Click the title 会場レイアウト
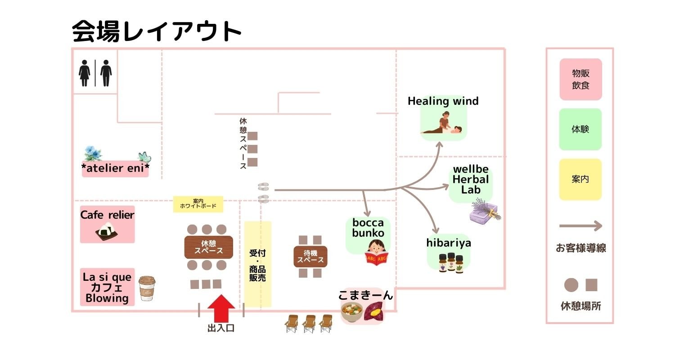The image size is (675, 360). (157, 31)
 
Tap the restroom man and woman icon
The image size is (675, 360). (95, 73)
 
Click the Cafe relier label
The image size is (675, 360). (107, 215)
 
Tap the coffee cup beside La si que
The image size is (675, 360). (147, 288)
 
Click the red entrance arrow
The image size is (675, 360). (221, 308)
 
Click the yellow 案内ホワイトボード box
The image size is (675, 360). (198, 204)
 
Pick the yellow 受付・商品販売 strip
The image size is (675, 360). (258, 265)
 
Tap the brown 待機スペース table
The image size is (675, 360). (310, 256)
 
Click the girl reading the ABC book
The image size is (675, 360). (377, 252)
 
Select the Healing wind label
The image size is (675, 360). (443, 101)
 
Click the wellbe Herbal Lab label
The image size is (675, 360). (471, 180)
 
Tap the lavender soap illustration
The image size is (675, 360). (485, 211)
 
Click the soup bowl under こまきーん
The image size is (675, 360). (352, 312)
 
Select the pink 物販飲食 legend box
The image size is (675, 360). (580, 79)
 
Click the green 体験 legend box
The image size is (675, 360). (580, 129)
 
